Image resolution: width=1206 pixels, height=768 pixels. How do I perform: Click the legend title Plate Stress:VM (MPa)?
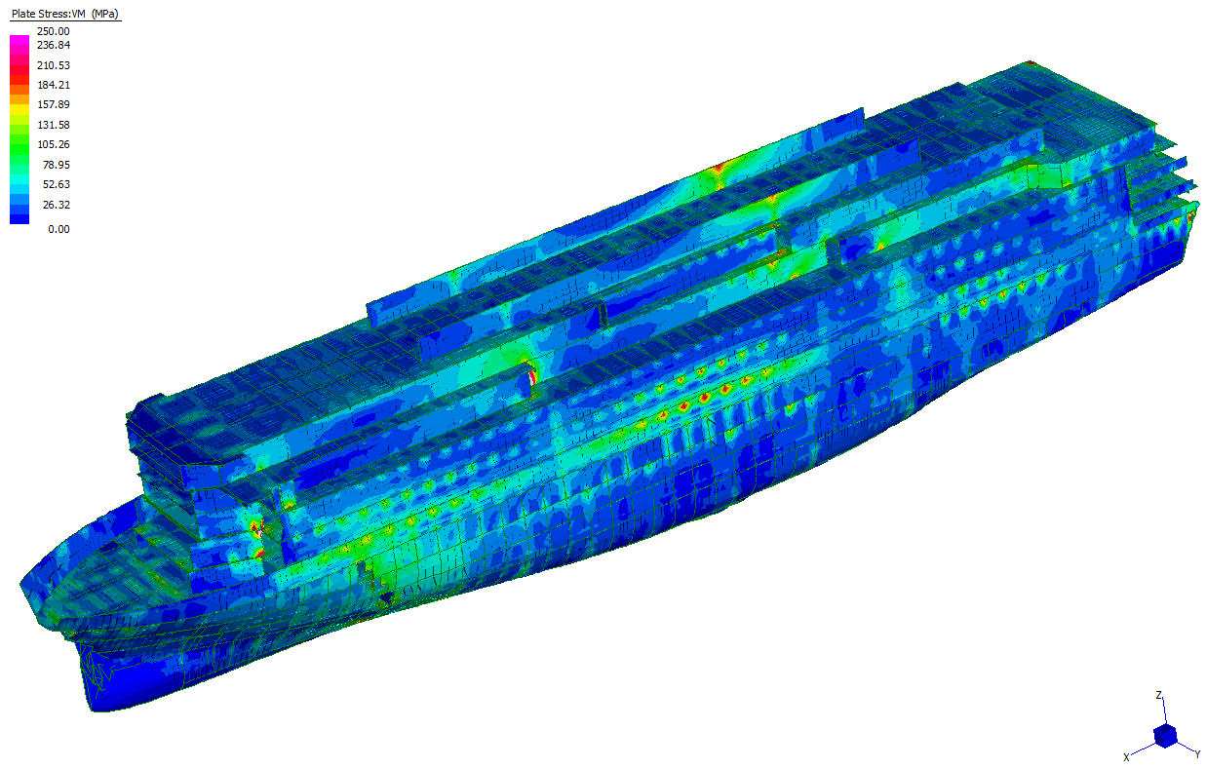point(65,14)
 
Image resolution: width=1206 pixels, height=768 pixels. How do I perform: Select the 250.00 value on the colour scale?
point(54,31)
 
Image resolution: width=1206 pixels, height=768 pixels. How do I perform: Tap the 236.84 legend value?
point(54,45)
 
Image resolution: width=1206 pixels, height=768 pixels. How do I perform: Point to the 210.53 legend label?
point(54,65)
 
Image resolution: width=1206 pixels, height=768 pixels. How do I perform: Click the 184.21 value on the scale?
point(54,85)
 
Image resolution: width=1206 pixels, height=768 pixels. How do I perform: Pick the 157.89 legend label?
point(54,104)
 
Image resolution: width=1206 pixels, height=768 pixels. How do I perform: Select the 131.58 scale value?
point(54,125)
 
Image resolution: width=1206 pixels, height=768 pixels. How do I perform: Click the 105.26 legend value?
point(54,144)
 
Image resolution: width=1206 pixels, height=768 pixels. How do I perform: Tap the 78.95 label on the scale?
point(56,165)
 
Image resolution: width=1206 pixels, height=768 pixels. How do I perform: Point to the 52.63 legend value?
point(56,184)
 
